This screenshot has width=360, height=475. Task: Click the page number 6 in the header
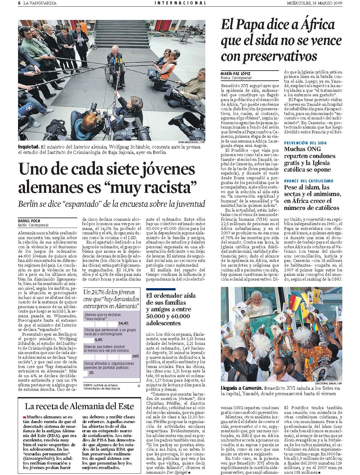[19, 3]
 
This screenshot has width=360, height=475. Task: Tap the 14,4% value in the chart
[123, 323]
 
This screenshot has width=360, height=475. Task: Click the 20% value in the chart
[136, 356]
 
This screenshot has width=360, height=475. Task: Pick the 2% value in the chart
[91, 373]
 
